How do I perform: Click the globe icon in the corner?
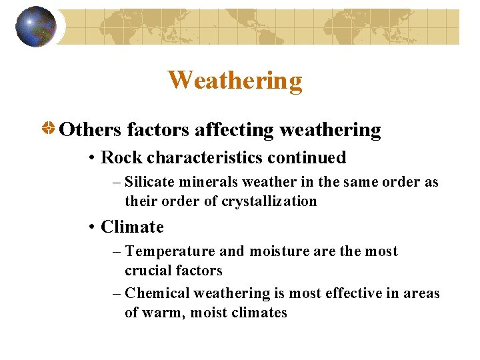36,27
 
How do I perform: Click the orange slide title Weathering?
235,80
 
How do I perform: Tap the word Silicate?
148,182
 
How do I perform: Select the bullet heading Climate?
132,227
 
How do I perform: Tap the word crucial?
147,271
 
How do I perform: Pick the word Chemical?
153,293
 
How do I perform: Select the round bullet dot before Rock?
91,159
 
